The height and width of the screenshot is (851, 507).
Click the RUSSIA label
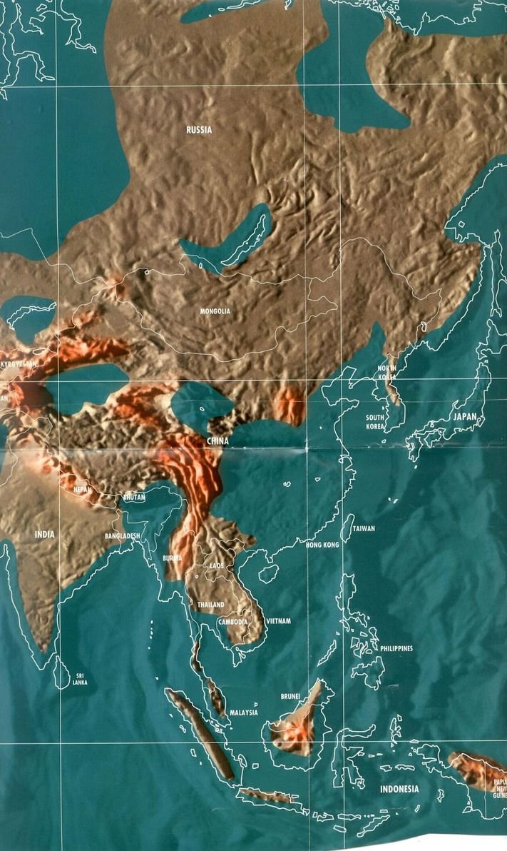point(199,130)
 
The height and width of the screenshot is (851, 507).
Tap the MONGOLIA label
point(215,311)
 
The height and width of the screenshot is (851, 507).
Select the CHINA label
point(217,441)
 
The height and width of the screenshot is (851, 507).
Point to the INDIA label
point(44,533)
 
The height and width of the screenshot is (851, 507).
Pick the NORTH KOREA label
point(387,372)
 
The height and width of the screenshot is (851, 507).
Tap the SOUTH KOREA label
point(375,422)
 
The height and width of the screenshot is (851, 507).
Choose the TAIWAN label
point(363,529)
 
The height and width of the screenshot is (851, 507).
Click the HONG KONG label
point(322,545)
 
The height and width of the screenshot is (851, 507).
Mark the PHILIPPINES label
point(396,648)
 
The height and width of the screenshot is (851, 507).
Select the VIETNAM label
point(278,621)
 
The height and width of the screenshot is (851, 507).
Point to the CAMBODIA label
point(233,622)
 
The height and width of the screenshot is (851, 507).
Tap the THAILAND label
point(211,605)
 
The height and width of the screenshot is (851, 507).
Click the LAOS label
point(217,565)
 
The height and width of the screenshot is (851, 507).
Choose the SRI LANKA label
point(80,679)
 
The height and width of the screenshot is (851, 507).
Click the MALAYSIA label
point(243,712)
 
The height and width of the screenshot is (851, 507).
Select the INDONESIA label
point(399,789)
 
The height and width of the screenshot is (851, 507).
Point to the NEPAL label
point(83,490)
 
